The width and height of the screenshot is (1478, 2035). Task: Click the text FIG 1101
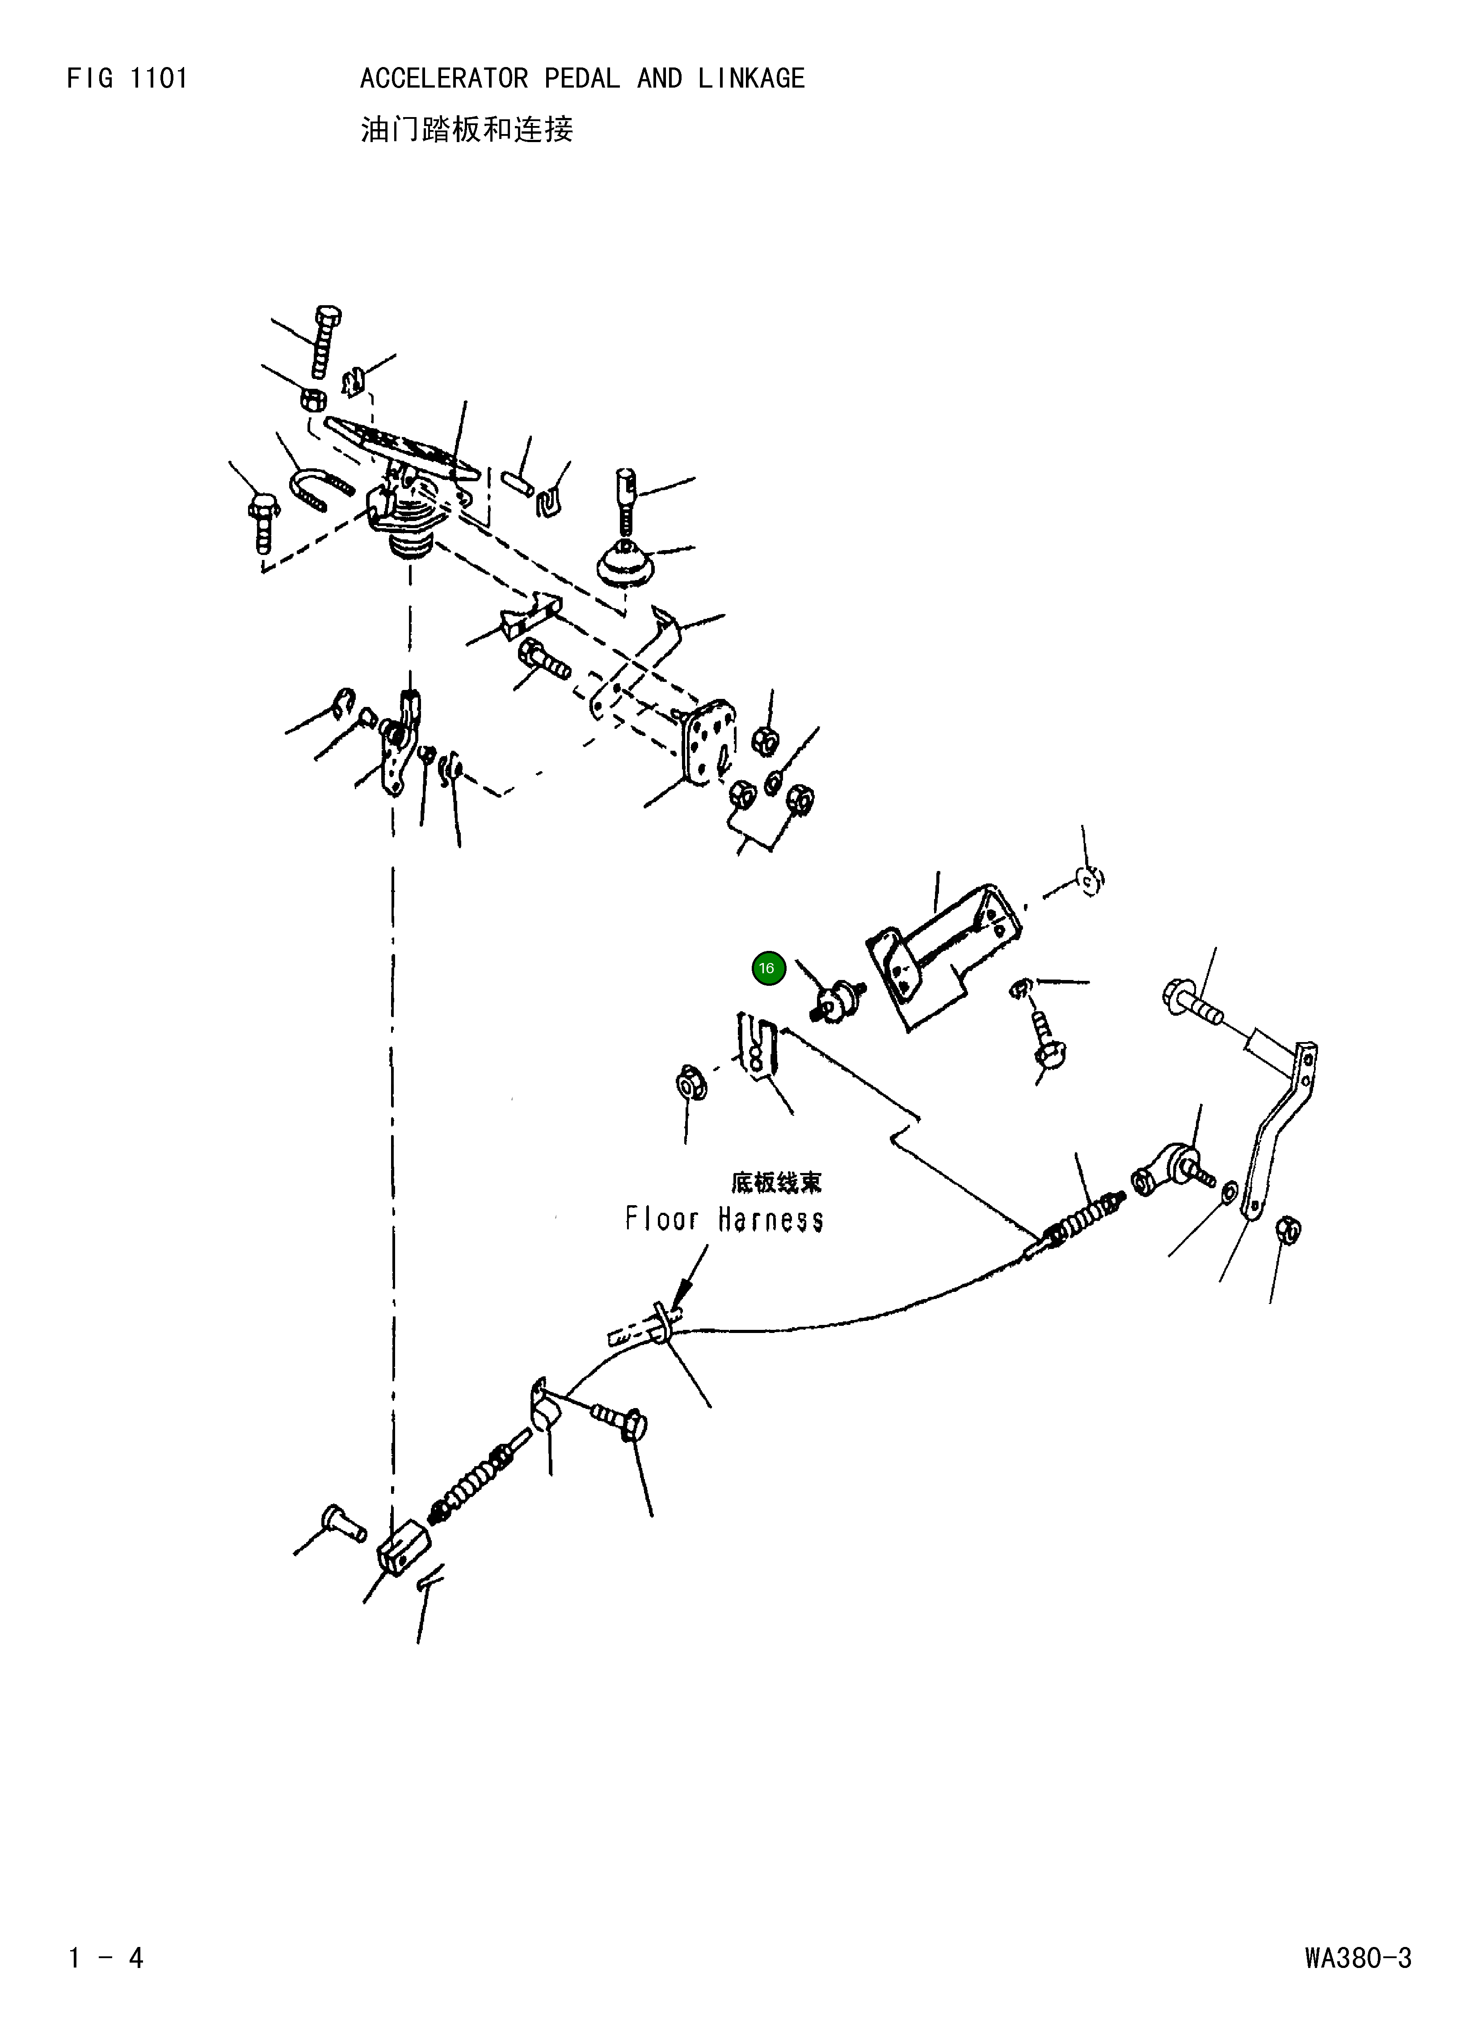pyautogui.click(x=127, y=79)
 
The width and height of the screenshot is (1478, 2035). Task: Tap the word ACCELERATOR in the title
pyautogui.click(x=444, y=79)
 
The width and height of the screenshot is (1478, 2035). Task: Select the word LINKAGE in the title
pyautogui.click(x=751, y=79)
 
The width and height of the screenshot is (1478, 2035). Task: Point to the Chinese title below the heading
pyautogui.click(x=467, y=130)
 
